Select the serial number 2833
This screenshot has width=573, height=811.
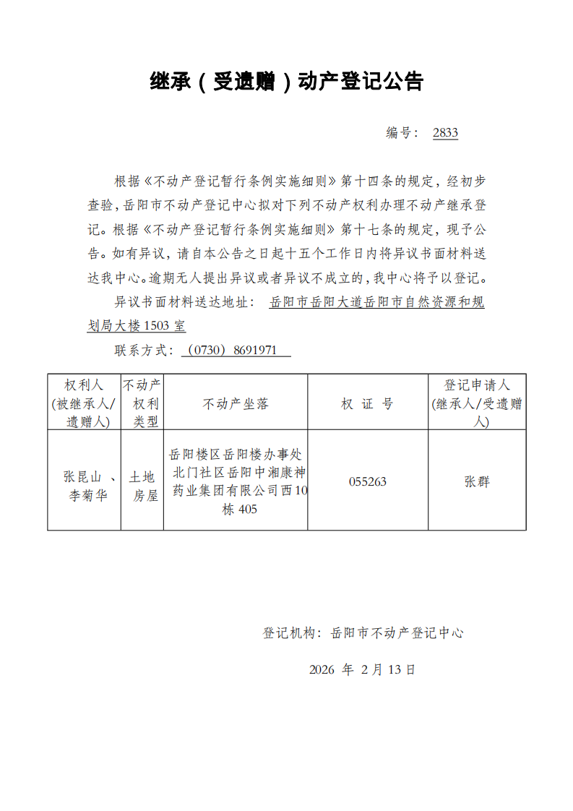[445, 133]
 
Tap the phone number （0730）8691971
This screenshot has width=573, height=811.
[236, 351]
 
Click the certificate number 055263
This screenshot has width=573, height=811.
[367, 481]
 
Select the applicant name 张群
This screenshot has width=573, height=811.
[477, 481]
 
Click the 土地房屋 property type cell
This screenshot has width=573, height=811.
[142, 486]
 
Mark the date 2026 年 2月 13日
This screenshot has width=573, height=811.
[362, 669]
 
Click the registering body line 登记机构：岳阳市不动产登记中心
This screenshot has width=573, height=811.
[362, 633]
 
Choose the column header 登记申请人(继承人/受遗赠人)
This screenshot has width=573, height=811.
[477, 403]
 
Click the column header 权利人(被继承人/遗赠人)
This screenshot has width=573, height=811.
[84, 403]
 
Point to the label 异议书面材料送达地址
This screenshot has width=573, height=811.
[184, 302]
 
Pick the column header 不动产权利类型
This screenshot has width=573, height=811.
[142, 403]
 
